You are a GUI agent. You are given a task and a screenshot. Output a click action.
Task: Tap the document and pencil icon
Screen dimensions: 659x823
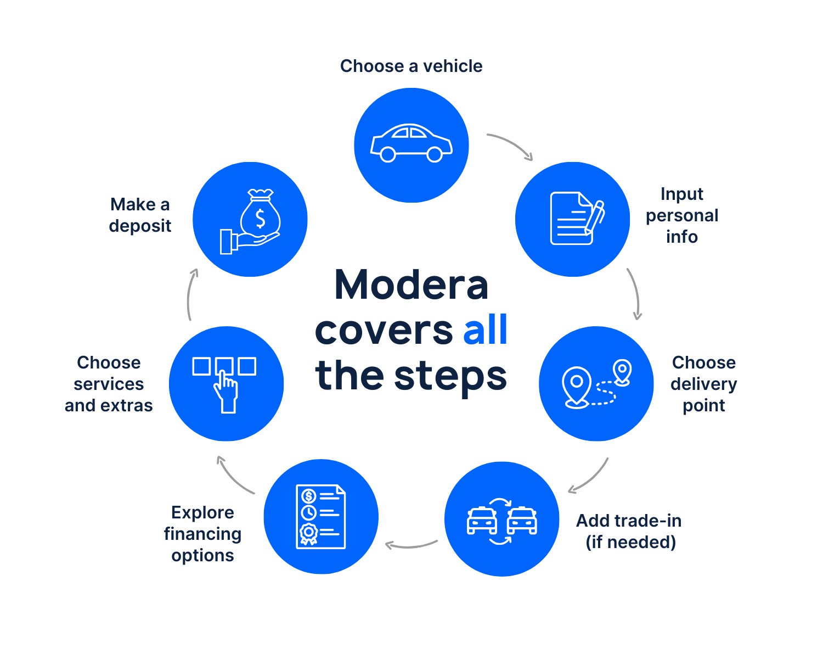point(576,219)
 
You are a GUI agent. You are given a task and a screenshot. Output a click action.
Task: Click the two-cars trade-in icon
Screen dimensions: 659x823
point(502,520)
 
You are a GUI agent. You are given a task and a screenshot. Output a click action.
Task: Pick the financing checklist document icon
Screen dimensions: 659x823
point(321,517)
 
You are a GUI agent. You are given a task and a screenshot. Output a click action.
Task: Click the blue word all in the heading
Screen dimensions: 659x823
point(486,330)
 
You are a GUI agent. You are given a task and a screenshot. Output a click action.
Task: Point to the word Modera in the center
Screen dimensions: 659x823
point(411,286)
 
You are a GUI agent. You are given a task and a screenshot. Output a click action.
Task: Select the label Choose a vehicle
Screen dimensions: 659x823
point(411,66)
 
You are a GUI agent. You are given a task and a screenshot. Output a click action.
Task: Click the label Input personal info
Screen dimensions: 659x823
point(682,215)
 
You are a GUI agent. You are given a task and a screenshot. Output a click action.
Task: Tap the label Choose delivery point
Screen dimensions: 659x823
point(704,384)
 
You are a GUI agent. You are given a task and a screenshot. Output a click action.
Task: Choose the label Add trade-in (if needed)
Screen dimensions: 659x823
point(629,531)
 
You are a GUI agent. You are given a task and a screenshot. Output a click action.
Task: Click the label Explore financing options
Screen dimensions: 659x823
point(202,534)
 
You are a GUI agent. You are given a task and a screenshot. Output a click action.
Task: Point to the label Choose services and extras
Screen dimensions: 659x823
point(109,384)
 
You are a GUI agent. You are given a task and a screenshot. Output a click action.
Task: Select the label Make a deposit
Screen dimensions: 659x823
point(140,215)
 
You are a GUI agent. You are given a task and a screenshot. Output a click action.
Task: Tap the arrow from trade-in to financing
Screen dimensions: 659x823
point(411,545)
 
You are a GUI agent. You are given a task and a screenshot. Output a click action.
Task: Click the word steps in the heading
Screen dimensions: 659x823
point(450,376)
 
